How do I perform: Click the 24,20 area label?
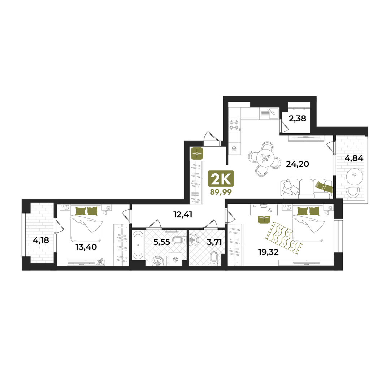[298, 164]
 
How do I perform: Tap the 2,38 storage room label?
[298, 119]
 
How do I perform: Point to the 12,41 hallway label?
[183, 214]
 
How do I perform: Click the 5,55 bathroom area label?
[162, 242]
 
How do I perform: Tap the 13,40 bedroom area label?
[86, 247]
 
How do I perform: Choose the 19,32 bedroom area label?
[268, 252]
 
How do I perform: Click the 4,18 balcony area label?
[41, 240]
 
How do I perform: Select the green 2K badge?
[221, 178]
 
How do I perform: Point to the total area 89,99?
[221, 192]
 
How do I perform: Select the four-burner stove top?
[234, 125]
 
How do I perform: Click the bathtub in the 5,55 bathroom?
[138, 245]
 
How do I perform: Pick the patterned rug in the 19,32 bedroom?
[284, 238]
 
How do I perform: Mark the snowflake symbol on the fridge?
[234, 149]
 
